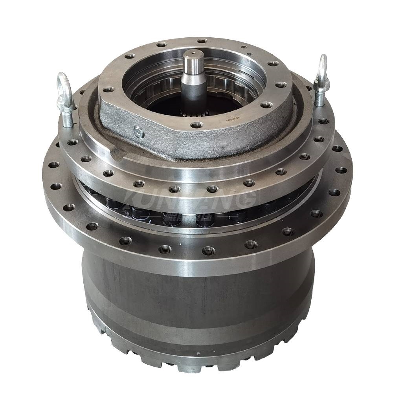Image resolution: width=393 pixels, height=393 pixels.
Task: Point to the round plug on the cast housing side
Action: click(139, 132)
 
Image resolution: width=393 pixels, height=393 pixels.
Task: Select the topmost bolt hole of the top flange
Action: click(202, 41)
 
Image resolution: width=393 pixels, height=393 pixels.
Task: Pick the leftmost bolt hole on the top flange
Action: click(108, 89)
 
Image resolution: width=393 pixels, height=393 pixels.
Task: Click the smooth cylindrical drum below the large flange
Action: click(196, 291)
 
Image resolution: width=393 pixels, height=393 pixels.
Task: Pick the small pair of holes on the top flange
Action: click(244, 49)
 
